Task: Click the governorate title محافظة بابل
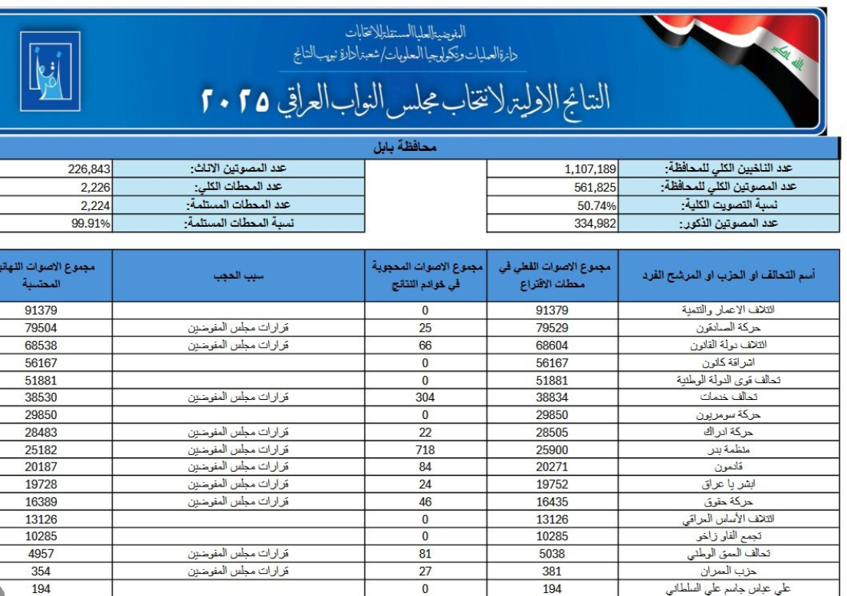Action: click(x=415, y=146)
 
